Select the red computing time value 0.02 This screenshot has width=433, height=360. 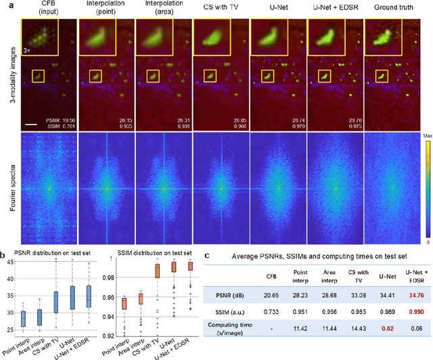(x=387, y=330)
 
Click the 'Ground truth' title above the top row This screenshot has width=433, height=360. (x=393, y=8)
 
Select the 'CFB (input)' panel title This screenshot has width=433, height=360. (x=39, y=8)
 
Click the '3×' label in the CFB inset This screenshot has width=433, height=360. (x=27, y=51)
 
